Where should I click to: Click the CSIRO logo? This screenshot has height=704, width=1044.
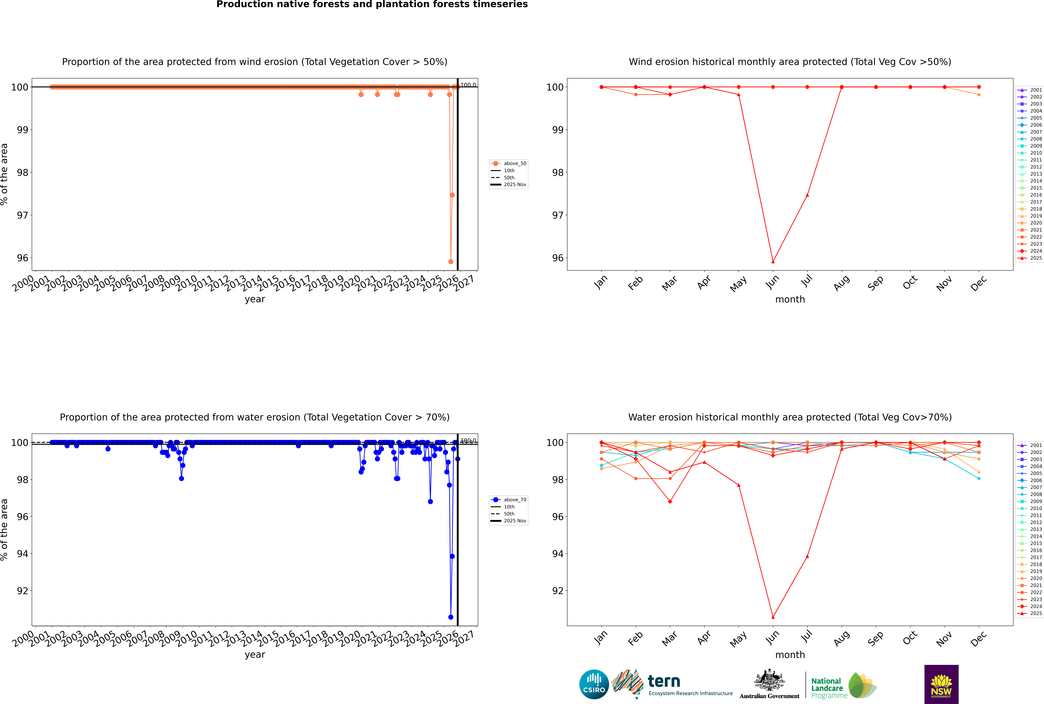pos(594,684)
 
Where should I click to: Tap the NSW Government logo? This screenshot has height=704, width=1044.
pos(941,684)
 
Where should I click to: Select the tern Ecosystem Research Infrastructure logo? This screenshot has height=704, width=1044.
pos(672,684)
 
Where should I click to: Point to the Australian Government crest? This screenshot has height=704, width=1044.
pos(769,684)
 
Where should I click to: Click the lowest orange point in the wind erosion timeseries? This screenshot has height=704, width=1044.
pos(451,262)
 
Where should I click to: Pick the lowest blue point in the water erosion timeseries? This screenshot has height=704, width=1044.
pos(451,617)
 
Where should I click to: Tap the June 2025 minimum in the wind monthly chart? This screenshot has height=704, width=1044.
pos(773,262)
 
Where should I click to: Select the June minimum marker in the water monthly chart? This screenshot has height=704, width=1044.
pos(773,617)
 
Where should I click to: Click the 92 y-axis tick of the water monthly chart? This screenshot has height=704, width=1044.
pos(557,591)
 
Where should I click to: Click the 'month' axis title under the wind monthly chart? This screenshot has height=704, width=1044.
pos(790,300)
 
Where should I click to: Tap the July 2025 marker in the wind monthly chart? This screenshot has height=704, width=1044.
pos(807,195)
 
